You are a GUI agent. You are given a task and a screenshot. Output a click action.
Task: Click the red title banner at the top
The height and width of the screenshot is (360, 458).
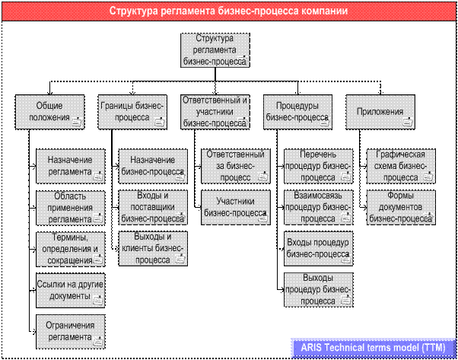[x=229, y=11]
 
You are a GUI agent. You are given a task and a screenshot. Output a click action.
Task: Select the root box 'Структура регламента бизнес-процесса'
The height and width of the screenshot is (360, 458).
[x=215, y=50]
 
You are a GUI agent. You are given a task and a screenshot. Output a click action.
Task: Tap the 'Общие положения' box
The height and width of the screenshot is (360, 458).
[x=49, y=112]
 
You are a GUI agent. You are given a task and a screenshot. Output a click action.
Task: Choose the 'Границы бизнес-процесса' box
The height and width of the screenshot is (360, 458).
[x=132, y=112]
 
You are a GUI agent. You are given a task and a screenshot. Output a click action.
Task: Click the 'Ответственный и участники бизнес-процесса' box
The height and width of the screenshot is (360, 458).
[x=215, y=112]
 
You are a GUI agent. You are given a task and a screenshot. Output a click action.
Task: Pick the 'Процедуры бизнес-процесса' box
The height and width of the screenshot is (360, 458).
[x=297, y=112]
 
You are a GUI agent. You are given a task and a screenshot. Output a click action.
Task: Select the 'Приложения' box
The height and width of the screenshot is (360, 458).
[x=380, y=112]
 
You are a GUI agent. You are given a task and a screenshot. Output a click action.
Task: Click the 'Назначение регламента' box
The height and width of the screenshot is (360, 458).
[x=71, y=166]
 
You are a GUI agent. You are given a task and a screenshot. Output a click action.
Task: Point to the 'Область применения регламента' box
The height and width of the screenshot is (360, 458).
[x=71, y=208]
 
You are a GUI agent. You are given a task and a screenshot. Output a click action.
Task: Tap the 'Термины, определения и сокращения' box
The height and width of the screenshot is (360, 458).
[x=71, y=249]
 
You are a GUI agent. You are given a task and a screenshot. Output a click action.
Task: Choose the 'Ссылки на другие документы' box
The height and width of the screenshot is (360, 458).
[x=71, y=291]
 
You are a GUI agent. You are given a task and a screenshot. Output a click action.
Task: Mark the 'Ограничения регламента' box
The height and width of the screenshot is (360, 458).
[x=71, y=332]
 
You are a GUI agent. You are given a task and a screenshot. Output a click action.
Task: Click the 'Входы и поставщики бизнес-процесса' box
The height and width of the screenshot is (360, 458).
[x=153, y=208]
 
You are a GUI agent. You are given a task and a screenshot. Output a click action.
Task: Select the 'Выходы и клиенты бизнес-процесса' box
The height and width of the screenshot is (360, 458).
[x=153, y=249]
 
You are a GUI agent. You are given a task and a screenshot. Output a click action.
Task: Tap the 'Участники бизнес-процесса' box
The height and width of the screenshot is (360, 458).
[x=236, y=208]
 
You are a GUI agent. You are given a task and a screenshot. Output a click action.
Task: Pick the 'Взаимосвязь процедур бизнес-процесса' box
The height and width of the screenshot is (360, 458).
[x=318, y=208]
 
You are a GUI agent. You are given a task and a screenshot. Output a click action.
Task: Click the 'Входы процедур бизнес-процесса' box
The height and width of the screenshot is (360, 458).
[x=318, y=249]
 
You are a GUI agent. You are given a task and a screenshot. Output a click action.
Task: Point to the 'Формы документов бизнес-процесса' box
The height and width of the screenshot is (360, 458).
[x=401, y=208]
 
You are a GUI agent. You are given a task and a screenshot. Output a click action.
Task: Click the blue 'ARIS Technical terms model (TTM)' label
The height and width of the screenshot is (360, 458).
[x=374, y=348]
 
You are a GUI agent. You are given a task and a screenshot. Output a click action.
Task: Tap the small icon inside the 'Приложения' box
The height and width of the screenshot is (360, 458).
[x=408, y=122]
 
